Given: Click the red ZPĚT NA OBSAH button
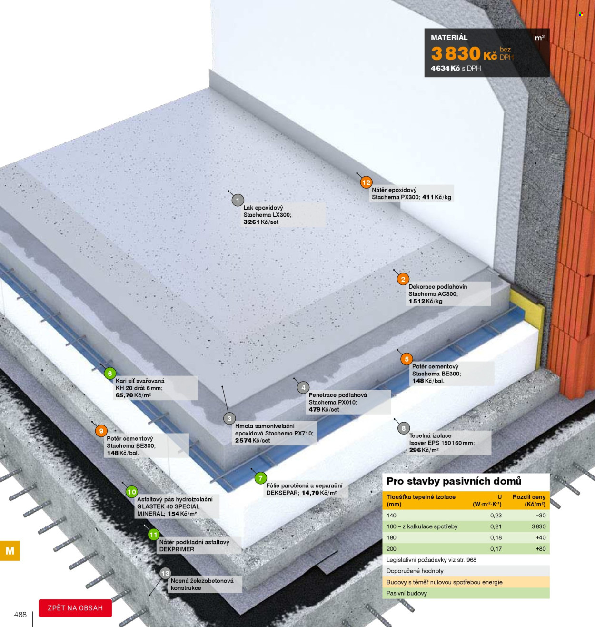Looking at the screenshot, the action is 75,608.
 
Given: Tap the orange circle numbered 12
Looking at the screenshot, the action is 366,182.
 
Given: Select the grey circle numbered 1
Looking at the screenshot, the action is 238,200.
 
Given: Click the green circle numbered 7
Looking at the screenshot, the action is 260,478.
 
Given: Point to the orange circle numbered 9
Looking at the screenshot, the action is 101,431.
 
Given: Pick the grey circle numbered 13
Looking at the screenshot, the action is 165,574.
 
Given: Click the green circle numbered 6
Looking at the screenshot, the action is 110,373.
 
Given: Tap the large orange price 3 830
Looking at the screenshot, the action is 456,53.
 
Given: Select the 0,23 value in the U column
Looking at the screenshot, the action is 496,515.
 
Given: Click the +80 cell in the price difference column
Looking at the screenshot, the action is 541,548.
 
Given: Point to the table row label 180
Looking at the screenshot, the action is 391,537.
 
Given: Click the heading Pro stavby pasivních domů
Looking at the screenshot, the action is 454,481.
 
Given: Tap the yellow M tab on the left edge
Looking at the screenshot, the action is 10,550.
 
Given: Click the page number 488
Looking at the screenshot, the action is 20,614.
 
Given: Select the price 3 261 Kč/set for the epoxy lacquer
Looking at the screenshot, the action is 261,222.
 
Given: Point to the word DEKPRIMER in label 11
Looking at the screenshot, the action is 177,549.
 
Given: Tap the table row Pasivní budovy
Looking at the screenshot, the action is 466,593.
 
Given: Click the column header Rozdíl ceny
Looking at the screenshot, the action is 529,500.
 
